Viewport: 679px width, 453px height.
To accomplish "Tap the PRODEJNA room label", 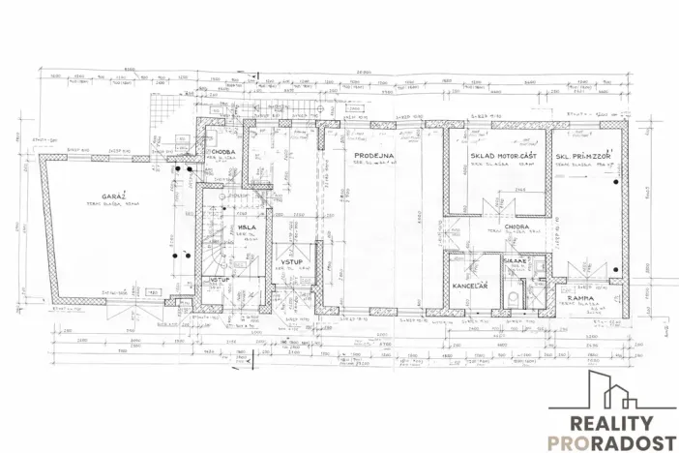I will [372, 156].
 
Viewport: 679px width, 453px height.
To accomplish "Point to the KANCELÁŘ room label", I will [469, 287].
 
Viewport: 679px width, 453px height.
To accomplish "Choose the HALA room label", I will [247, 227].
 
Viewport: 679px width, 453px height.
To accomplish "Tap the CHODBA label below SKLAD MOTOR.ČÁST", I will [516, 228].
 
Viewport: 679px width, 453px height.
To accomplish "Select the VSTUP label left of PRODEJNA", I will [294, 262].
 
